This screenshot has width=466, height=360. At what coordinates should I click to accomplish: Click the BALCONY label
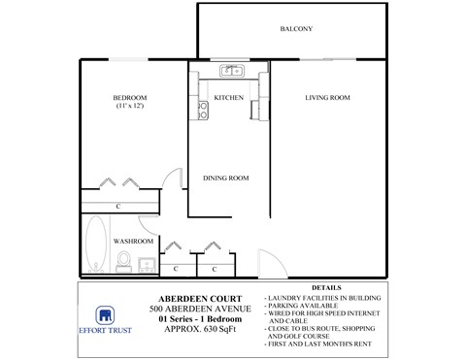click(x=296, y=29)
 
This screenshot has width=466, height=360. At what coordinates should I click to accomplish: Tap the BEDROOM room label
click(x=130, y=97)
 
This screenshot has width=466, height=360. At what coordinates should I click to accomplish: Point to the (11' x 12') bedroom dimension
click(x=130, y=106)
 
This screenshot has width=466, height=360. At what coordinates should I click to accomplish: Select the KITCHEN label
click(x=227, y=98)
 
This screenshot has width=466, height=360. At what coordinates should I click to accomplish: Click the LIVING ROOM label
click(x=326, y=98)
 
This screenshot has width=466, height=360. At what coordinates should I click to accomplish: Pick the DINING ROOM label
click(x=226, y=178)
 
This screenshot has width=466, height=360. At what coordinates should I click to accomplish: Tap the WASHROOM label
click(x=133, y=240)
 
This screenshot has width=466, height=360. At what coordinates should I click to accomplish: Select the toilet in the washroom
click(x=124, y=259)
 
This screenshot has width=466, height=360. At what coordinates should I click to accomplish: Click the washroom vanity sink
click(x=146, y=262)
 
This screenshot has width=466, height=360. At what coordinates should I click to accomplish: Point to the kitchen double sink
click(x=230, y=70)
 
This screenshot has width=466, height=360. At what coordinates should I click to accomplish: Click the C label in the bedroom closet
click(x=117, y=207)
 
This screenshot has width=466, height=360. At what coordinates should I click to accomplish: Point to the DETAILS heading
click(x=327, y=287)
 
